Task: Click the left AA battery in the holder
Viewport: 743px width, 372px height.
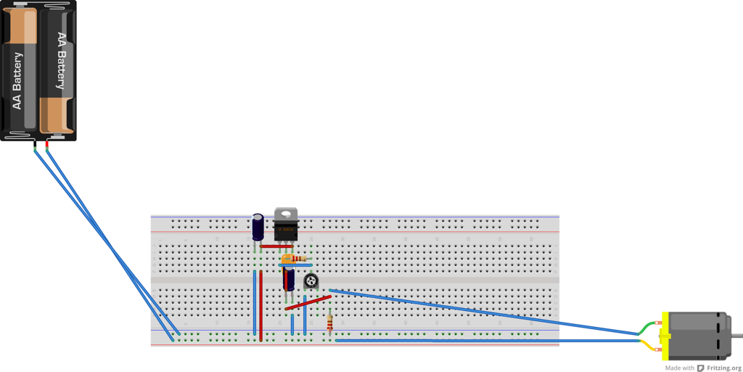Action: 20,73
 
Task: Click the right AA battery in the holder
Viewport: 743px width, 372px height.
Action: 58,73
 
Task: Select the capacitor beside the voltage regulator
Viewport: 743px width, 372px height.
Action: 258,227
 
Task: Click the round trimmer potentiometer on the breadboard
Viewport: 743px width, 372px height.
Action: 311,281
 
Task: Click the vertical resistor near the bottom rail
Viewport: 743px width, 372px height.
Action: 331,321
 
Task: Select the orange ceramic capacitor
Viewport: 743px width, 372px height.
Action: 287,259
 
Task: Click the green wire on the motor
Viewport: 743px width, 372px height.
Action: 647,328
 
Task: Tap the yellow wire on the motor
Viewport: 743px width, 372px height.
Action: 647,346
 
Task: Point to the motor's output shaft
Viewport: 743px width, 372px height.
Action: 737,336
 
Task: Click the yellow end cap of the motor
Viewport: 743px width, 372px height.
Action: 665,336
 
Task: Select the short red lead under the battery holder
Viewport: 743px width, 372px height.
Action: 47,147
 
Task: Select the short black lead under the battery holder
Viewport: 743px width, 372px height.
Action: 35,147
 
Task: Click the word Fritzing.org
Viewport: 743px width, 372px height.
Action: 724,368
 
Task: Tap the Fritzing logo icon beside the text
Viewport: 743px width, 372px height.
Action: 701,368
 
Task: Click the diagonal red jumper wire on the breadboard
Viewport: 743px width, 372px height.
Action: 308,302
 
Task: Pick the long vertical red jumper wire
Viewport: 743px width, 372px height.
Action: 261,305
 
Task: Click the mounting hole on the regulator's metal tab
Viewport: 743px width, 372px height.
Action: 286,214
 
